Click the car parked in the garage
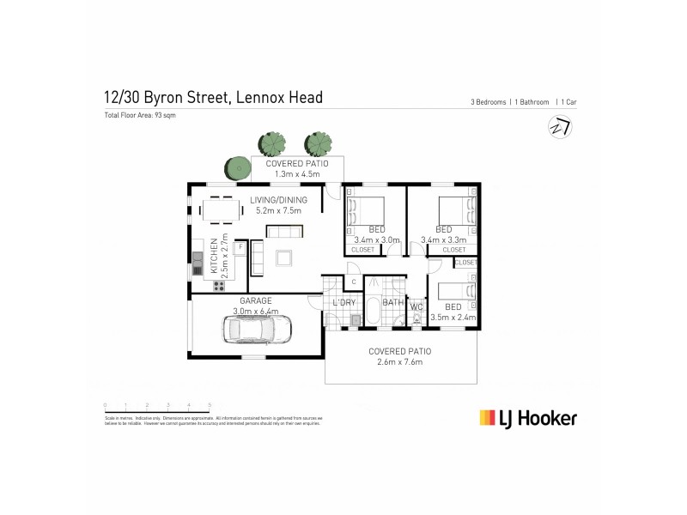258,328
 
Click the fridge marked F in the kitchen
240,248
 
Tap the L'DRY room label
345,302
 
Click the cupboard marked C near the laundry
353,282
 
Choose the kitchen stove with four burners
218,284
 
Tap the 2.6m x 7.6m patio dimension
399,363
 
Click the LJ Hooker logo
527,418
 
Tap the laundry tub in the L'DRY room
354,320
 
